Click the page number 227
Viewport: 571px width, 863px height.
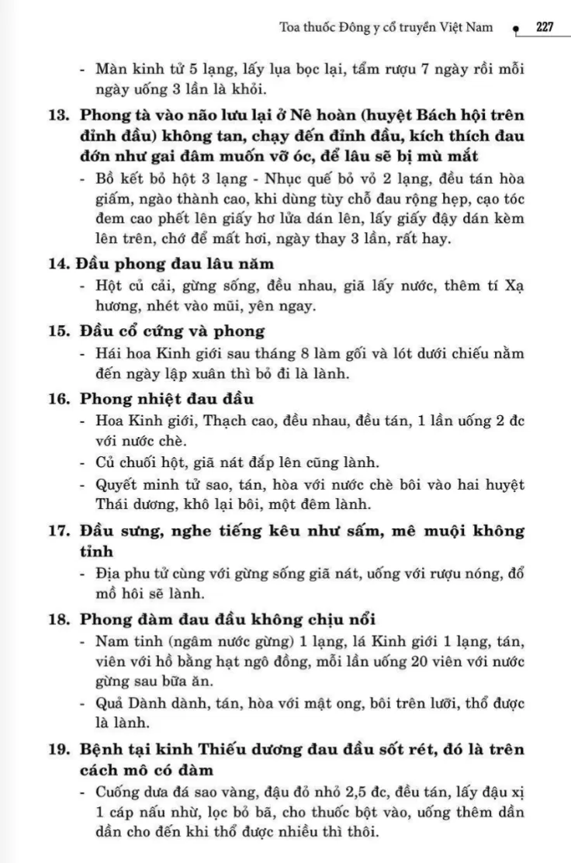coord(544,27)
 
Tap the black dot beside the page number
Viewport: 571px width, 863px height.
coord(515,29)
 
